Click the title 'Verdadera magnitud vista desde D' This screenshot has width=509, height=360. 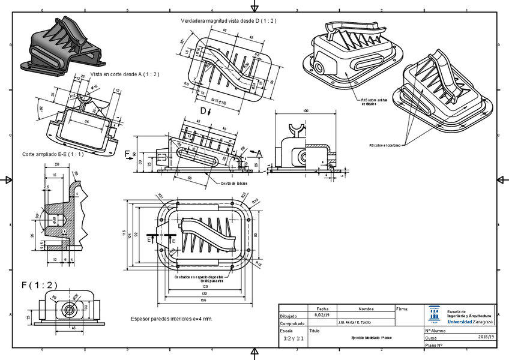coord(228,21)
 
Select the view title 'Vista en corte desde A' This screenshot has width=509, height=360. coord(125,74)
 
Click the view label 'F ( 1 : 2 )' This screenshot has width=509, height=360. coord(40,285)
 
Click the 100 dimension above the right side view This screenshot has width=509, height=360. coord(306,112)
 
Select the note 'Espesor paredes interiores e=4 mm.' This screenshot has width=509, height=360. coord(172,319)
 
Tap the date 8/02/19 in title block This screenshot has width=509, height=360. coord(322,315)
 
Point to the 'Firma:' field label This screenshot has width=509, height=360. coord(403,309)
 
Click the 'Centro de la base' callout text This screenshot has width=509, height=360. coord(234,184)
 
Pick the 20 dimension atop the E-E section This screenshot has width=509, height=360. coord(56,164)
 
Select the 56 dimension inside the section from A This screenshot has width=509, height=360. coord(86,121)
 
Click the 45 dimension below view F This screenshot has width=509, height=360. coord(73,328)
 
